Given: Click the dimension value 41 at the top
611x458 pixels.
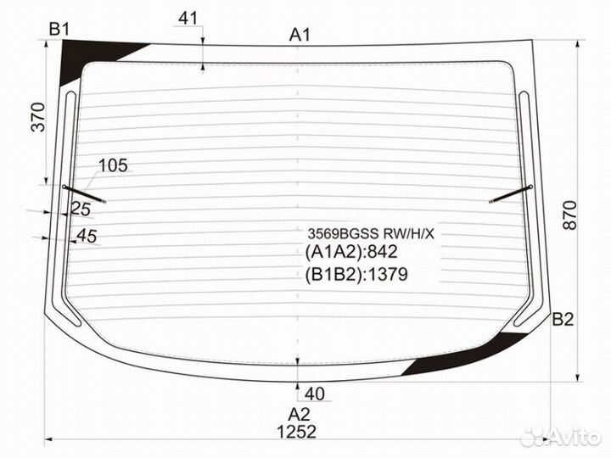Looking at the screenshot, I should [188, 18].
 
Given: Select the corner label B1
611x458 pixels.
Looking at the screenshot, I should [59, 30].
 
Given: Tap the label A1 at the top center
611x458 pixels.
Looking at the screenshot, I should [300, 35].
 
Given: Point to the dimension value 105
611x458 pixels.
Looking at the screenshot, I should [113, 165].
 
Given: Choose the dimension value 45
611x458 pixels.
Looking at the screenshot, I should [87, 236].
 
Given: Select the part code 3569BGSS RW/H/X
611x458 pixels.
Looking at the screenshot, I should [370, 233].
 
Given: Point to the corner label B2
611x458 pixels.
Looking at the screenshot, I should [563, 320].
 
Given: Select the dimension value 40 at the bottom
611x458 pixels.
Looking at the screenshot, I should [314, 393].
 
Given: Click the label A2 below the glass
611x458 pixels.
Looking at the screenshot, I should [299, 414].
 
